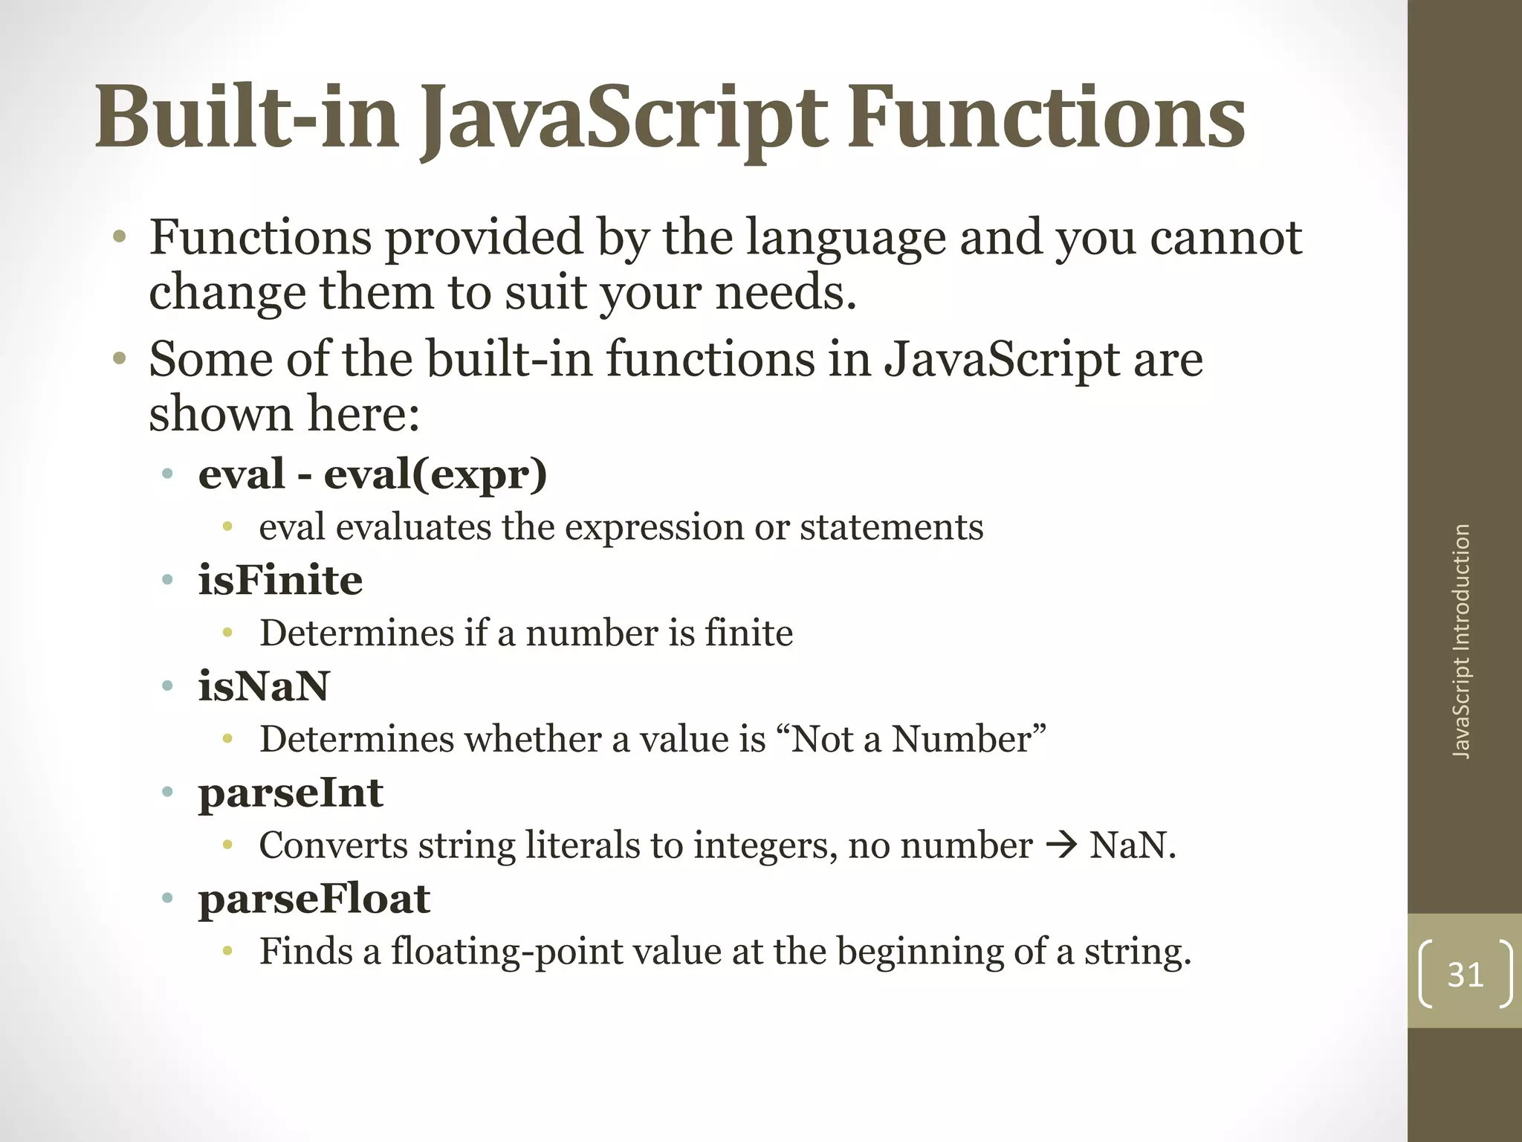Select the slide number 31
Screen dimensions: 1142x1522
(1466, 975)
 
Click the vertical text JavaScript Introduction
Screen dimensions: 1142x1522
(1461, 642)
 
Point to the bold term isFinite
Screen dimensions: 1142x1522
(280, 581)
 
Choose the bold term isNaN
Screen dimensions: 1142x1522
(263, 686)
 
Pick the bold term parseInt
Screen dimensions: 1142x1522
(291, 793)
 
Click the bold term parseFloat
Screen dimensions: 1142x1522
(314, 899)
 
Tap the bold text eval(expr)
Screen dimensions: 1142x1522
(435, 474)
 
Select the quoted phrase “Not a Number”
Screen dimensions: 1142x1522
(918, 739)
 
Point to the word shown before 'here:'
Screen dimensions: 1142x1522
(221, 414)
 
